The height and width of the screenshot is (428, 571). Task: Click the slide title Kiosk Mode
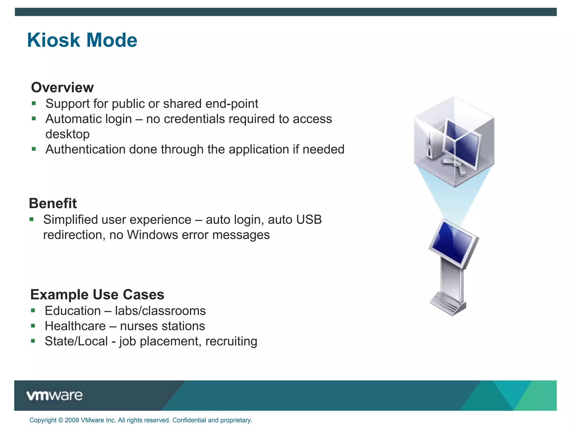[x=82, y=40]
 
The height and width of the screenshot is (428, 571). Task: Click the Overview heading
[x=62, y=87]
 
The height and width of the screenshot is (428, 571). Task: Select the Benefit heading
[x=53, y=203]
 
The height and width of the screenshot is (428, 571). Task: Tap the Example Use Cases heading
[x=97, y=295]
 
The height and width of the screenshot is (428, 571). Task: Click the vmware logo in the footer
[x=54, y=395]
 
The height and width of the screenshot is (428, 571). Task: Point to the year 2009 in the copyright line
[x=72, y=420]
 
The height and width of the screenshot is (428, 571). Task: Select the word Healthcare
[x=75, y=326]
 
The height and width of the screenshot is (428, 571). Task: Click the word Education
[x=73, y=311]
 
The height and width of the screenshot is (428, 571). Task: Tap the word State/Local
[x=76, y=341]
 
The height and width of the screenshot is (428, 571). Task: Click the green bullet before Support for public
[x=34, y=104]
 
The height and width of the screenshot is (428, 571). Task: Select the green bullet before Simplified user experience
[x=32, y=220]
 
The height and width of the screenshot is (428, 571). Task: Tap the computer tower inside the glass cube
[x=432, y=145]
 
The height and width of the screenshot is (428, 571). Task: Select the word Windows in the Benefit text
[x=152, y=235]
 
